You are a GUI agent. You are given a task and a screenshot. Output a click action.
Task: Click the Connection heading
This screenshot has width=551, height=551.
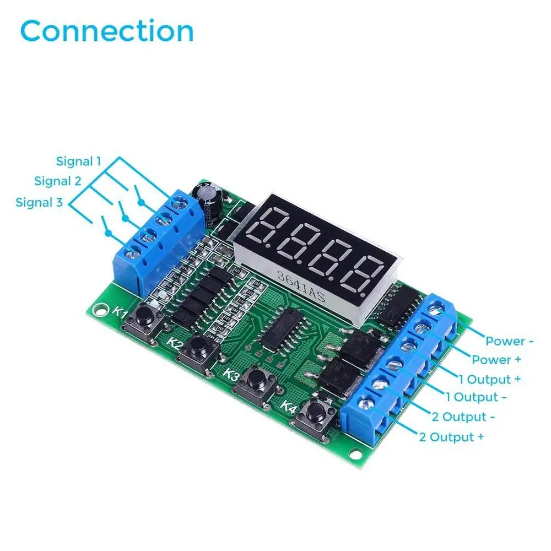pos(107,31)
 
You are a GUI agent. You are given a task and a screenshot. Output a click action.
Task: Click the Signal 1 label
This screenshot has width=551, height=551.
pos(79,161)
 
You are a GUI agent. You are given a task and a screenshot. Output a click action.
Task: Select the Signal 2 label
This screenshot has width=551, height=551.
pos(57,181)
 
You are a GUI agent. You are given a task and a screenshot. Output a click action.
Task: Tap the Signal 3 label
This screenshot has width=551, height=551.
pos(39,202)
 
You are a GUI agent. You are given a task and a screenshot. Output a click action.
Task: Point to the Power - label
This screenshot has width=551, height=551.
pos(510,341)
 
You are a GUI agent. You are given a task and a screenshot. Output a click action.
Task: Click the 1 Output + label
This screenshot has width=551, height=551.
pos(489,379)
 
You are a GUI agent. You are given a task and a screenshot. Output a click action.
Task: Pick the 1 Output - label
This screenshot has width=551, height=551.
pos(477,397)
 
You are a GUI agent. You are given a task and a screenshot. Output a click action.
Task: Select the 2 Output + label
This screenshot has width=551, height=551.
pos(452,437)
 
